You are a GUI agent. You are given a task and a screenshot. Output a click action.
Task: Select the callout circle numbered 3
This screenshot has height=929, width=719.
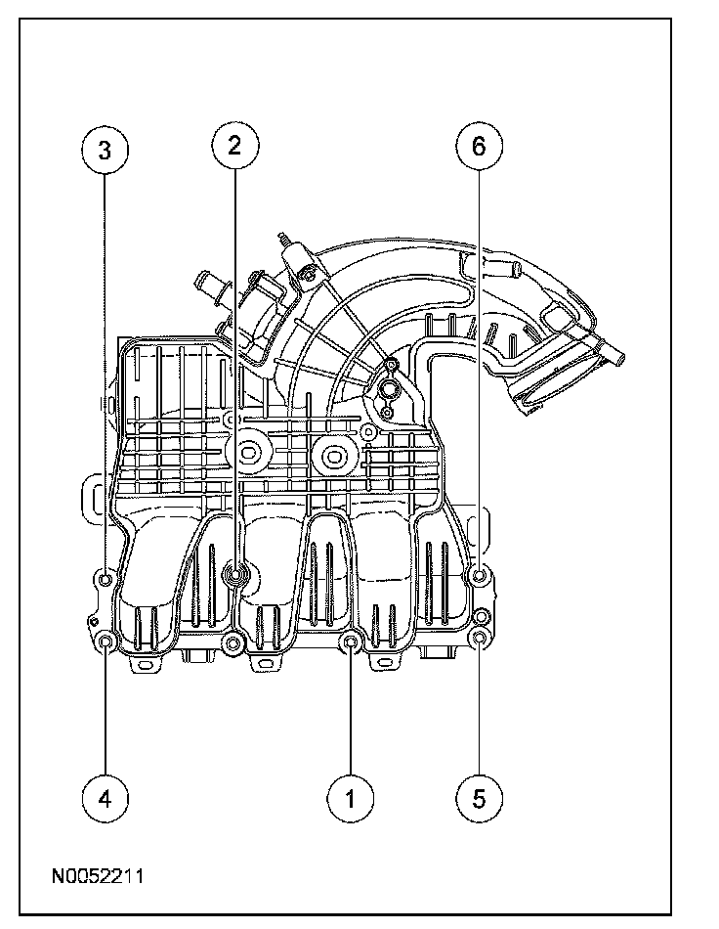pos(106,150)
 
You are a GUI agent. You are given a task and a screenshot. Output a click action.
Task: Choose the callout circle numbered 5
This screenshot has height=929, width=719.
pos(479,797)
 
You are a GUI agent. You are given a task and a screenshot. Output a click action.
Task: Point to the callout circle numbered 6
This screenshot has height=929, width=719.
pos(479,148)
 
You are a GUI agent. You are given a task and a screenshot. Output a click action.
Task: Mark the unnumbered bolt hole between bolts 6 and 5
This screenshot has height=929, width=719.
pos(481,616)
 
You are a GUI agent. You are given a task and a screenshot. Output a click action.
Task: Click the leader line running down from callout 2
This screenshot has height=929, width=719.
pos(234,372)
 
